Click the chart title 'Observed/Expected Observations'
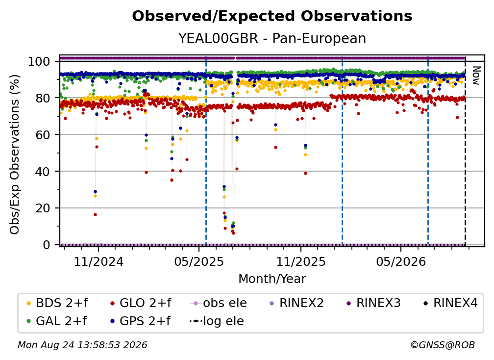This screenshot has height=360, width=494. [272, 16]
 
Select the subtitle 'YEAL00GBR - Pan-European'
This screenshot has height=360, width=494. [272, 38]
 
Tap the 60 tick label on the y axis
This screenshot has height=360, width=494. [43, 135]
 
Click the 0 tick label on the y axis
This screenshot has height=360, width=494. [47, 245]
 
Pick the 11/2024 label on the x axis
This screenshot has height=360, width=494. [99, 261]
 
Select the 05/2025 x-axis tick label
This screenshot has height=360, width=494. [199, 261]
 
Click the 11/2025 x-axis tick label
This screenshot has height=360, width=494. [301, 261]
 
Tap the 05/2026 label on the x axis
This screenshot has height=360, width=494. [401, 261]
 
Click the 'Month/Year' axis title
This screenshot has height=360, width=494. [272, 279]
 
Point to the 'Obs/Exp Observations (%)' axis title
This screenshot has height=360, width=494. [15, 154]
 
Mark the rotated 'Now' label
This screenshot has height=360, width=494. [476, 76]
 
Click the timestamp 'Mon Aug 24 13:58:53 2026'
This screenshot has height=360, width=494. [82, 345]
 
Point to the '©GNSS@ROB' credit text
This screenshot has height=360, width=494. [443, 345]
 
